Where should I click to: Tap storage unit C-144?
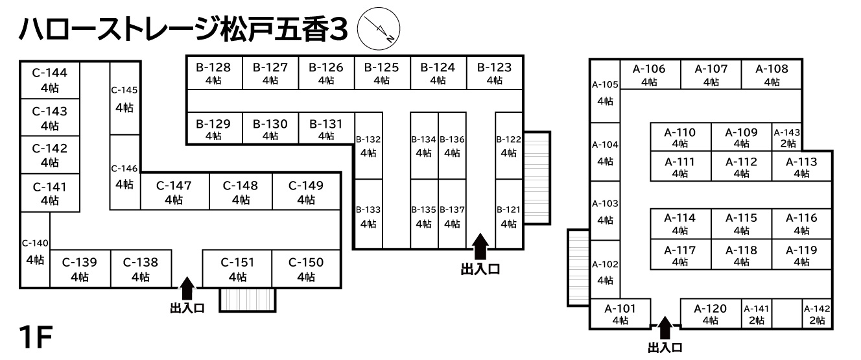50,80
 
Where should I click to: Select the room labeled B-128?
214,73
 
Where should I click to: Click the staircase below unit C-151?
248,299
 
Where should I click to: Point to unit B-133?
368,216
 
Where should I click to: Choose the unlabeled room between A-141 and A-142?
787,315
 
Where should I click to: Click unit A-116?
801,223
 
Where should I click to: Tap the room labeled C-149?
305,191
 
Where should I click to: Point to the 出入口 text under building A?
665,349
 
